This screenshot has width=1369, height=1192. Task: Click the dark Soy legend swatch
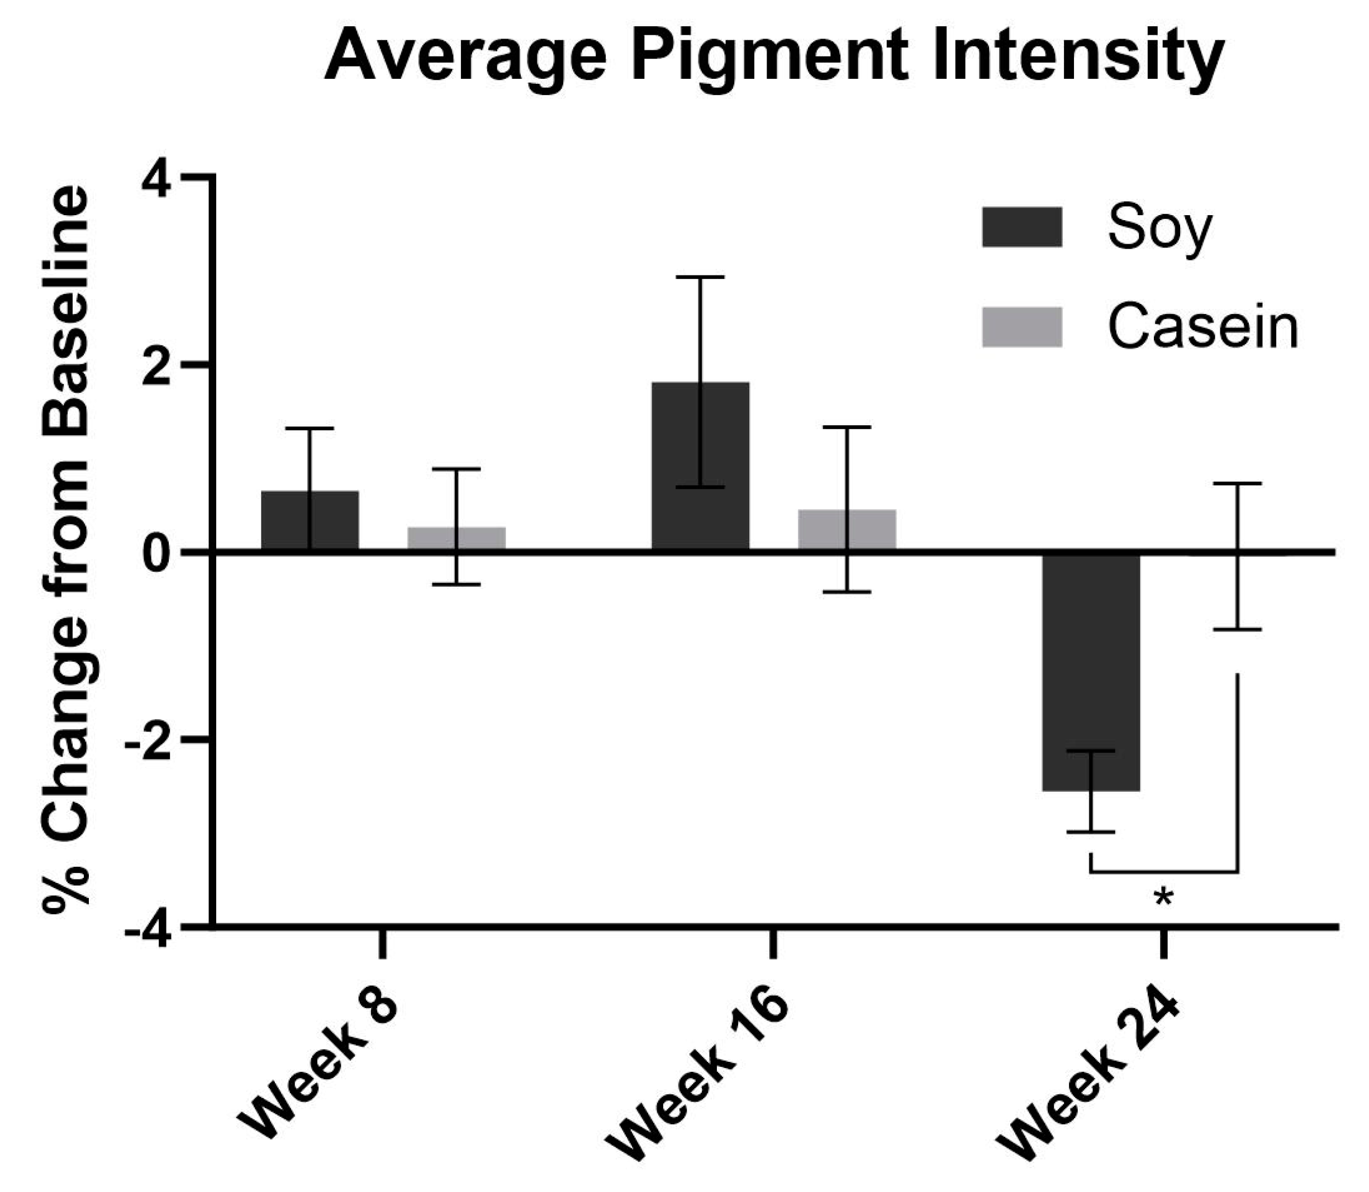click(1022, 227)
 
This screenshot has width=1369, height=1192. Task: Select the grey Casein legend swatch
click(1022, 326)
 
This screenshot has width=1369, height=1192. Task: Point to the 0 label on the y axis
click(158, 552)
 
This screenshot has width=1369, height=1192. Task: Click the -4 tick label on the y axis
click(150, 927)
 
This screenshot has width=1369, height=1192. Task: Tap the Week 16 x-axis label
click(698, 1074)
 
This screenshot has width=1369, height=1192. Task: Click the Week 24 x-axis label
click(1091, 1074)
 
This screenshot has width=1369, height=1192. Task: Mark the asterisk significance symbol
click(1163, 899)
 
